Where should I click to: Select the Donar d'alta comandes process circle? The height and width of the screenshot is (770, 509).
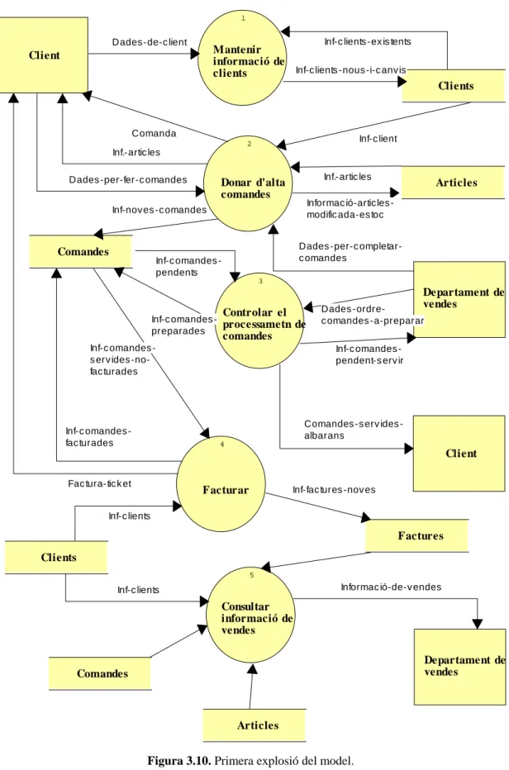(x=248, y=183)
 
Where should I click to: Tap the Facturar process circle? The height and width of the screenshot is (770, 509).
(x=221, y=484)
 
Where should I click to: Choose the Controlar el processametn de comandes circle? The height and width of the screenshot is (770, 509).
(x=259, y=321)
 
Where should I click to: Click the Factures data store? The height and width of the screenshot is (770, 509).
(x=416, y=535)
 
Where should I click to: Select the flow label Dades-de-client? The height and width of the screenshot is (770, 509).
(x=150, y=42)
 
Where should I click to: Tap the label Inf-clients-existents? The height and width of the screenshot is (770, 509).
(x=368, y=42)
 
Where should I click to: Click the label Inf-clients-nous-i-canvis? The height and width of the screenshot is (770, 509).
(x=351, y=69)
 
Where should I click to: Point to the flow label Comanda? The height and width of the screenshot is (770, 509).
(x=154, y=133)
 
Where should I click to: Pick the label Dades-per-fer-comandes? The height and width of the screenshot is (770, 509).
(x=128, y=180)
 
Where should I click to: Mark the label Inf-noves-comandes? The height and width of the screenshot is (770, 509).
(x=159, y=210)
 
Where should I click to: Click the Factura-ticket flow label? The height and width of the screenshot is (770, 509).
(x=100, y=483)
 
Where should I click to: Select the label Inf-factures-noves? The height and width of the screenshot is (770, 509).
(x=334, y=490)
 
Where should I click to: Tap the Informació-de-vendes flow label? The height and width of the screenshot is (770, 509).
(x=391, y=587)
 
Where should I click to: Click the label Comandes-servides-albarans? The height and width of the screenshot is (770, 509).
(x=354, y=430)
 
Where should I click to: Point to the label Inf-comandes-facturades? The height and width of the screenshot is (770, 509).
(x=98, y=437)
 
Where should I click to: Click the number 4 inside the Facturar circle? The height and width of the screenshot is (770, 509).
(x=222, y=444)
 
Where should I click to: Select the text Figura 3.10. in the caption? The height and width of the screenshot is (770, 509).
(x=179, y=761)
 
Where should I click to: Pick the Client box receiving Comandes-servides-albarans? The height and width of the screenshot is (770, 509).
(x=459, y=454)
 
